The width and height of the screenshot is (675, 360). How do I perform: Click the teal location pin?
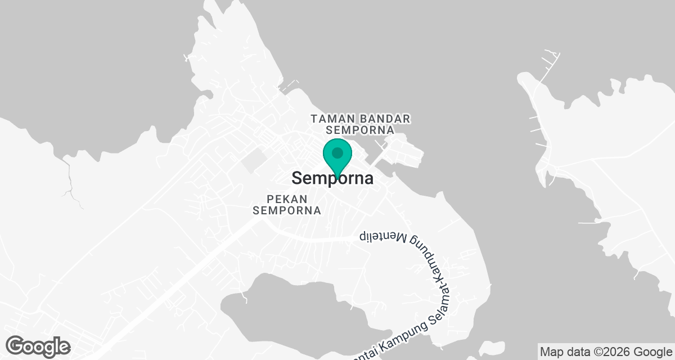[337, 157]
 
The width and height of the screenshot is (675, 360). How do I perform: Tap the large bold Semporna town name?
[332, 179]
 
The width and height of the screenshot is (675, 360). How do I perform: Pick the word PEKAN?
[287, 199]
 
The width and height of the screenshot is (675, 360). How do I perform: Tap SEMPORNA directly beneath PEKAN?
[287, 210]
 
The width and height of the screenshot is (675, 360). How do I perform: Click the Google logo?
[38, 346]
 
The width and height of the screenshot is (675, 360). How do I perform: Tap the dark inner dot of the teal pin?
[337, 152]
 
